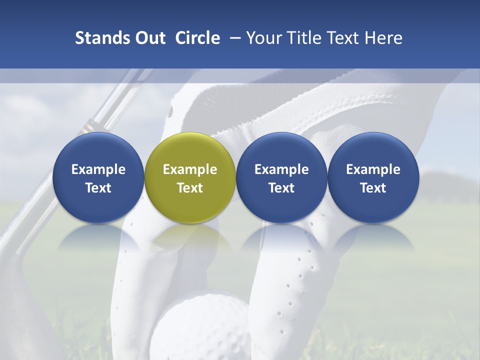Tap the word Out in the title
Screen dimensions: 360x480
(x=148, y=38)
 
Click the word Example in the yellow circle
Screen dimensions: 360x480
(x=190, y=169)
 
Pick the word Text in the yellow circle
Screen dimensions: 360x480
(x=190, y=188)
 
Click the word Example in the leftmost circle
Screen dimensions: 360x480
(x=98, y=169)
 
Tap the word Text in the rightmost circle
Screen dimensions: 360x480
(x=373, y=188)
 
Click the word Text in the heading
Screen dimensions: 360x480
(x=345, y=38)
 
